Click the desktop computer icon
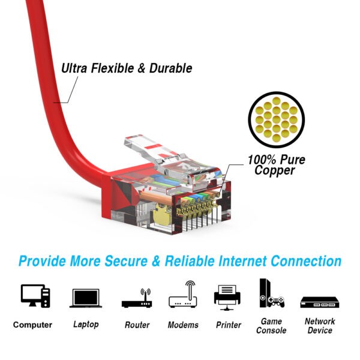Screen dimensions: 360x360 (35, 296)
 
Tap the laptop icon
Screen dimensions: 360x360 (86, 298)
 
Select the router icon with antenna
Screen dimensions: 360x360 (137, 298)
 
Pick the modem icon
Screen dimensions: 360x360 (183, 294)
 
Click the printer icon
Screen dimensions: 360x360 (227, 298)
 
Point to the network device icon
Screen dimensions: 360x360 (320, 302)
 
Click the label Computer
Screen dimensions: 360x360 (32, 325)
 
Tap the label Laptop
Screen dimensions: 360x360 (86, 325)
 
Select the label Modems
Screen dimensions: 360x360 (183, 325)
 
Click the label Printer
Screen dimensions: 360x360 (229, 325)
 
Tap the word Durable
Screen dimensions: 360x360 (171, 68)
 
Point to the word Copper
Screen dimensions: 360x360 (275, 171)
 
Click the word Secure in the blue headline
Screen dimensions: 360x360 (126, 261)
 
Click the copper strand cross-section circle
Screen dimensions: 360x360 (276, 119)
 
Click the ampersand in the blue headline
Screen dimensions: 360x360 (156, 261)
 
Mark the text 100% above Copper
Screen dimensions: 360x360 (262, 160)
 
